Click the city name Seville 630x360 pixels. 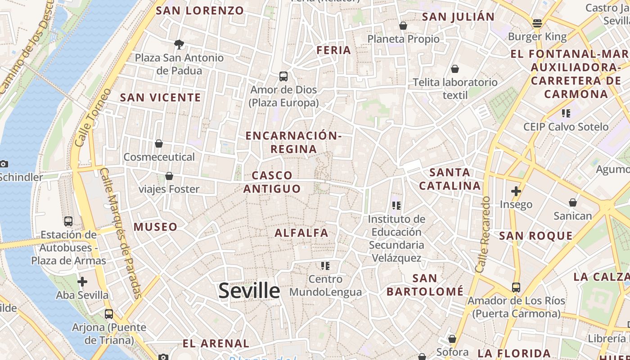(x=249, y=291)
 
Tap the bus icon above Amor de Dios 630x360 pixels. (x=283, y=76)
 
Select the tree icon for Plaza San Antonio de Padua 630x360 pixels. (x=179, y=44)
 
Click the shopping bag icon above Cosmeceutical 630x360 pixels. (x=159, y=144)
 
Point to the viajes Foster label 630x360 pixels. (x=169, y=189)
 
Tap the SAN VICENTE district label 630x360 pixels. (x=161, y=97)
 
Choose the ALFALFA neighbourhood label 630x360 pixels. (x=301, y=233)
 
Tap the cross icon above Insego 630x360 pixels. (x=516, y=191)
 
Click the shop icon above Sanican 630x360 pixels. (x=573, y=202)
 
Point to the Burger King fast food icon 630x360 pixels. (x=537, y=23)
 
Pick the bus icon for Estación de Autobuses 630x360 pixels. (x=68, y=221)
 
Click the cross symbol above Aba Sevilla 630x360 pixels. (x=82, y=282)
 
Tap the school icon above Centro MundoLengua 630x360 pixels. (x=325, y=266)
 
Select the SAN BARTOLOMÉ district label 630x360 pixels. (x=425, y=285)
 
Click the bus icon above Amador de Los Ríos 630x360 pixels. (x=516, y=287)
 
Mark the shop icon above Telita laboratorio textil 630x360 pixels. (x=455, y=69)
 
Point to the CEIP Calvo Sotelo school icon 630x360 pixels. (x=566, y=113)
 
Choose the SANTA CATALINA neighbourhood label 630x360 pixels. (x=450, y=179)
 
